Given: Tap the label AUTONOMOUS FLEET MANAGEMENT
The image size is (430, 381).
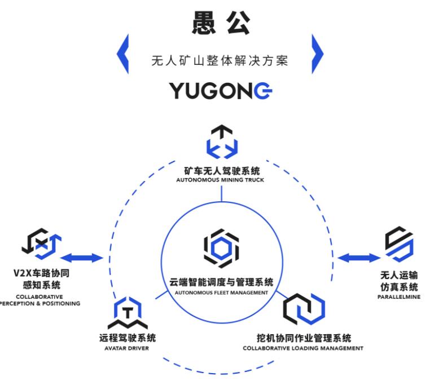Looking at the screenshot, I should pyautogui.click(x=221, y=293).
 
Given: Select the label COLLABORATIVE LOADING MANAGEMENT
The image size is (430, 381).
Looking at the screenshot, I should pyautogui.click(x=303, y=348).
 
